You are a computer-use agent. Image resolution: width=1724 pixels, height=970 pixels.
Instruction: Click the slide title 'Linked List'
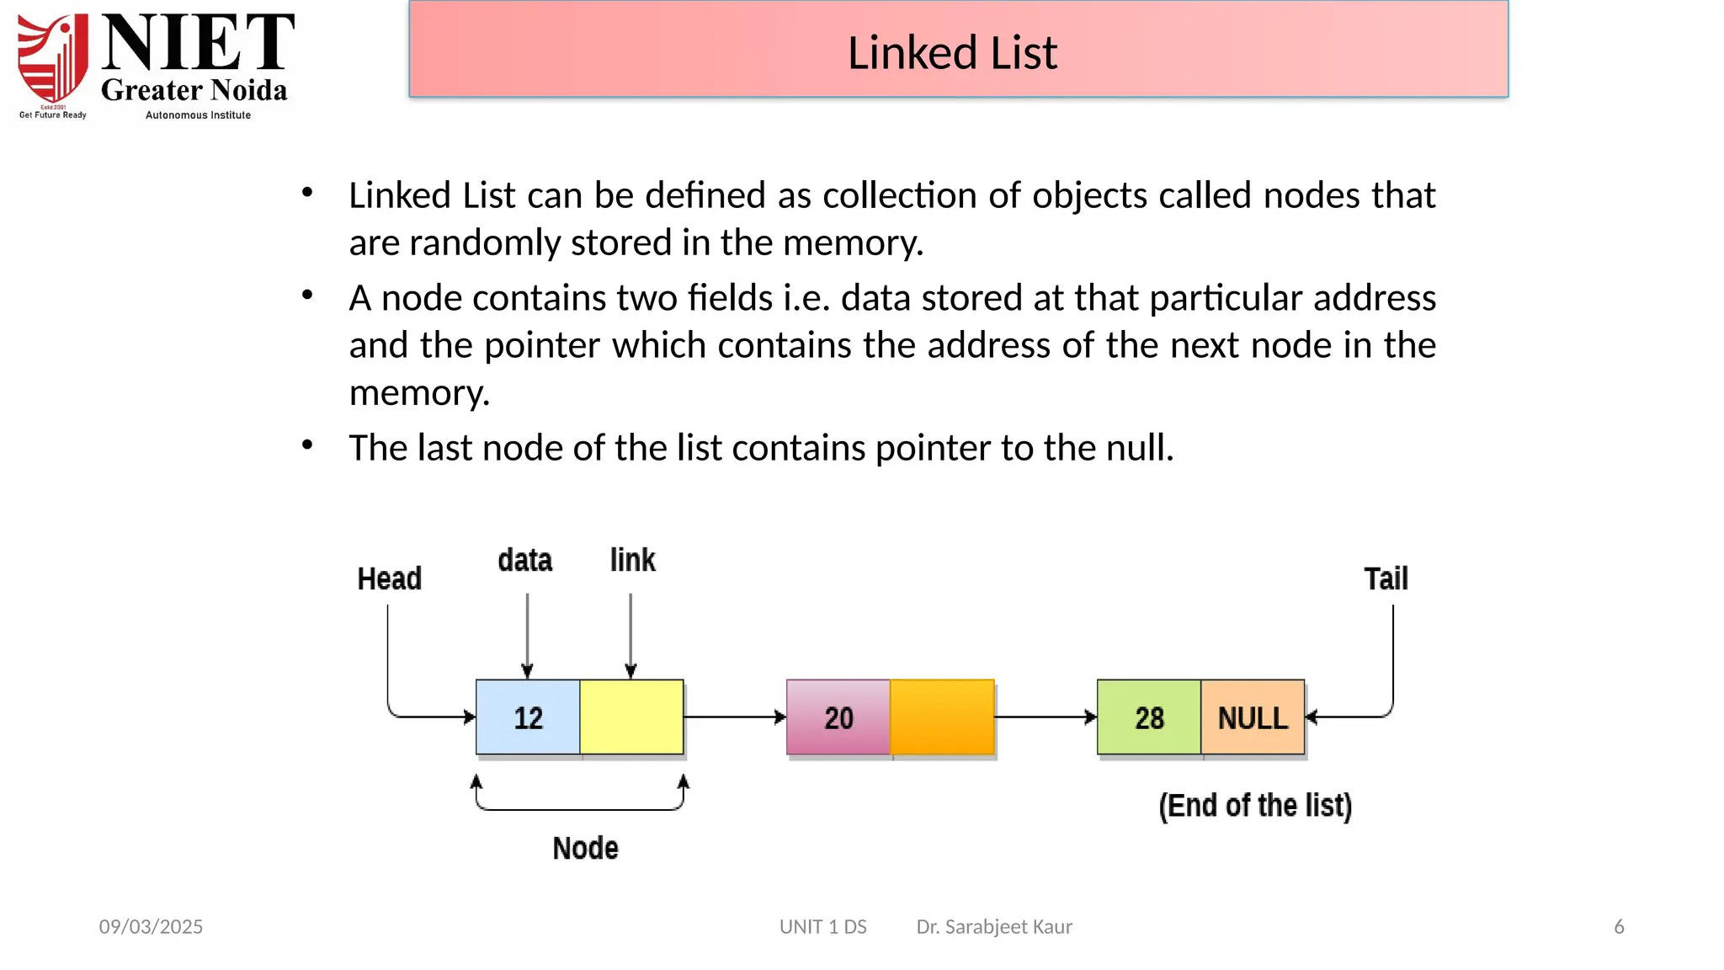click(951, 52)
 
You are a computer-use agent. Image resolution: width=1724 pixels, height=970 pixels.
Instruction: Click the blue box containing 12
click(528, 717)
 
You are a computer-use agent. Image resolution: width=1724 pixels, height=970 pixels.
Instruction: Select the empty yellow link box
click(631, 717)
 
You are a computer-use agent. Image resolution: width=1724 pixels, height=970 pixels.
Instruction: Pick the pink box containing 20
click(838, 717)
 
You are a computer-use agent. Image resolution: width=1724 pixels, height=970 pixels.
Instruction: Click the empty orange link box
click(942, 717)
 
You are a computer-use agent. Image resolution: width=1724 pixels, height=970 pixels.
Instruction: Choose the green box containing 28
click(1149, 717)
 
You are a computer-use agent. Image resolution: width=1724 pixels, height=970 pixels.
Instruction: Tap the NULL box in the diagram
click(1253, 717)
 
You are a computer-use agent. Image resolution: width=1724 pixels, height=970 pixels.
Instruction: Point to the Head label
click(389, 579)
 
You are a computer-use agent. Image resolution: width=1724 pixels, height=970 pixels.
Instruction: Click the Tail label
click(1386, 579)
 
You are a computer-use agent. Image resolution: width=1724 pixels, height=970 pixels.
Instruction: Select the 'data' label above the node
click(524, 561)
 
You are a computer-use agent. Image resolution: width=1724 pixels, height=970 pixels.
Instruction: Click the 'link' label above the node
click(632, 561)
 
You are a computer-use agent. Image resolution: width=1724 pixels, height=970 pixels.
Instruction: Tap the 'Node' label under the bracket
click(585, 848)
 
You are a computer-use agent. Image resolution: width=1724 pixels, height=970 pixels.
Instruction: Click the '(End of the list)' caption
click(1255, 806)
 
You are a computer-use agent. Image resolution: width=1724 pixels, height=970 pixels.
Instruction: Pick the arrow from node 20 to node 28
click(1045, 717)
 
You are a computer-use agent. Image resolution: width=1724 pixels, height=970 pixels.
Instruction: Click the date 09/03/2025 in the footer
click(151, 927)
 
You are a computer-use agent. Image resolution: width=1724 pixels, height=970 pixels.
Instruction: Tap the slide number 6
click(1619, 927)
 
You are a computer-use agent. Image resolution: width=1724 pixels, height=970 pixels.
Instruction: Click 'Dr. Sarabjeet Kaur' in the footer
click(994, 927)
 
